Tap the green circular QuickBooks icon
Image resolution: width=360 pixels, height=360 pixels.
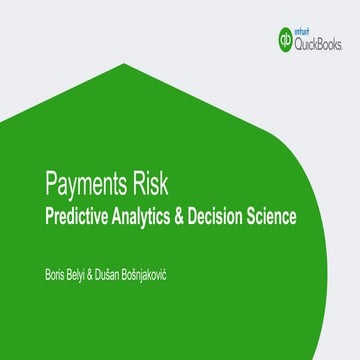point(288,40)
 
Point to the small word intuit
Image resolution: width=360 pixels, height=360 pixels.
point(313,32)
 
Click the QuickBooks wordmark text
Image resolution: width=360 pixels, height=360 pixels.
point(321,44)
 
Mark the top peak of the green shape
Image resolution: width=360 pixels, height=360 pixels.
point(124,64)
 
